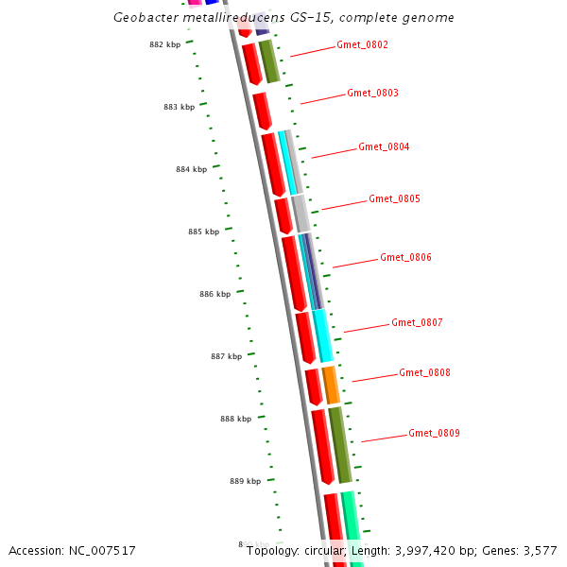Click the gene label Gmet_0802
[362, 45]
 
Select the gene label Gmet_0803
[372, 94]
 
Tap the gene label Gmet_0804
[384, 147]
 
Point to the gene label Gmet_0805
[394, 199]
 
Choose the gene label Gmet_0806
[405, 258]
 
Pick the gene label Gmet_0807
[417, 323]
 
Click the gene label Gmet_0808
[424, 373]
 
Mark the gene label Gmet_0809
[434, 434]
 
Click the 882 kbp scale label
[165, 44]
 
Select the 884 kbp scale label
[191, 170]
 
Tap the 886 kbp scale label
[215, 295]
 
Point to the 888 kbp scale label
[235, 419]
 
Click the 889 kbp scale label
[245, 482]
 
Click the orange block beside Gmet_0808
[331, 385]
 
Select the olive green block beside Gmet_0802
[269, 61]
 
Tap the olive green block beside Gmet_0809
[340, 445]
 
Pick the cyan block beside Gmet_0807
[322, 336]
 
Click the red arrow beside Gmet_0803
[262, 111]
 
